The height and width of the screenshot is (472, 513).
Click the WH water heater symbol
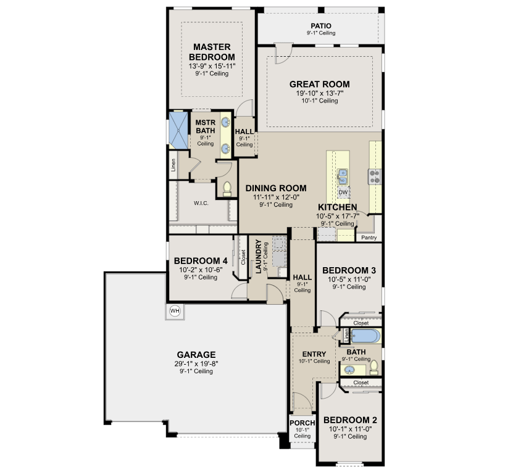pos(175,311)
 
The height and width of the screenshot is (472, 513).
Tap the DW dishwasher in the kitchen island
pos(343,193)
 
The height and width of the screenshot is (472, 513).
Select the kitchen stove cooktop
pos(375,176)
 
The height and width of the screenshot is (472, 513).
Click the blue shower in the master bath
pos(178,130)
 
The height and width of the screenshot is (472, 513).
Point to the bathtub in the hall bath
pos(366,336)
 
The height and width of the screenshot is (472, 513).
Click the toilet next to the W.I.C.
pos(227,189)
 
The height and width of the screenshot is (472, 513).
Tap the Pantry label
pos(369,238)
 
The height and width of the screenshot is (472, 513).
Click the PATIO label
pos(321,26)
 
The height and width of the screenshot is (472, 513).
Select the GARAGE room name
pos(196,355)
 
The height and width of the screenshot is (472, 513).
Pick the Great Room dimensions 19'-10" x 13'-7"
pos(320,93)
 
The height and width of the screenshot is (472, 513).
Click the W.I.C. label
pos(201,204)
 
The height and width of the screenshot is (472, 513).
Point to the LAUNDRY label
pos(259,257)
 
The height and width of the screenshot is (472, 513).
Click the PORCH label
pos(302,423)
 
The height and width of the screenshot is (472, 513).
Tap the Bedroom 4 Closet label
pos(243,257)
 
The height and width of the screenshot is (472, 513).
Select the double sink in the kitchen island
pos(343,176)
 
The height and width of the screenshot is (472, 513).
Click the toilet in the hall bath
pos(373,368)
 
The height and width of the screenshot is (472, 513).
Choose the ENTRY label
pos(314,354)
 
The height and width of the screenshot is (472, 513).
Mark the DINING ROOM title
pos(276,188)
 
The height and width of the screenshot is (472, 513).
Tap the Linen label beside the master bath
pos(173,165)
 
